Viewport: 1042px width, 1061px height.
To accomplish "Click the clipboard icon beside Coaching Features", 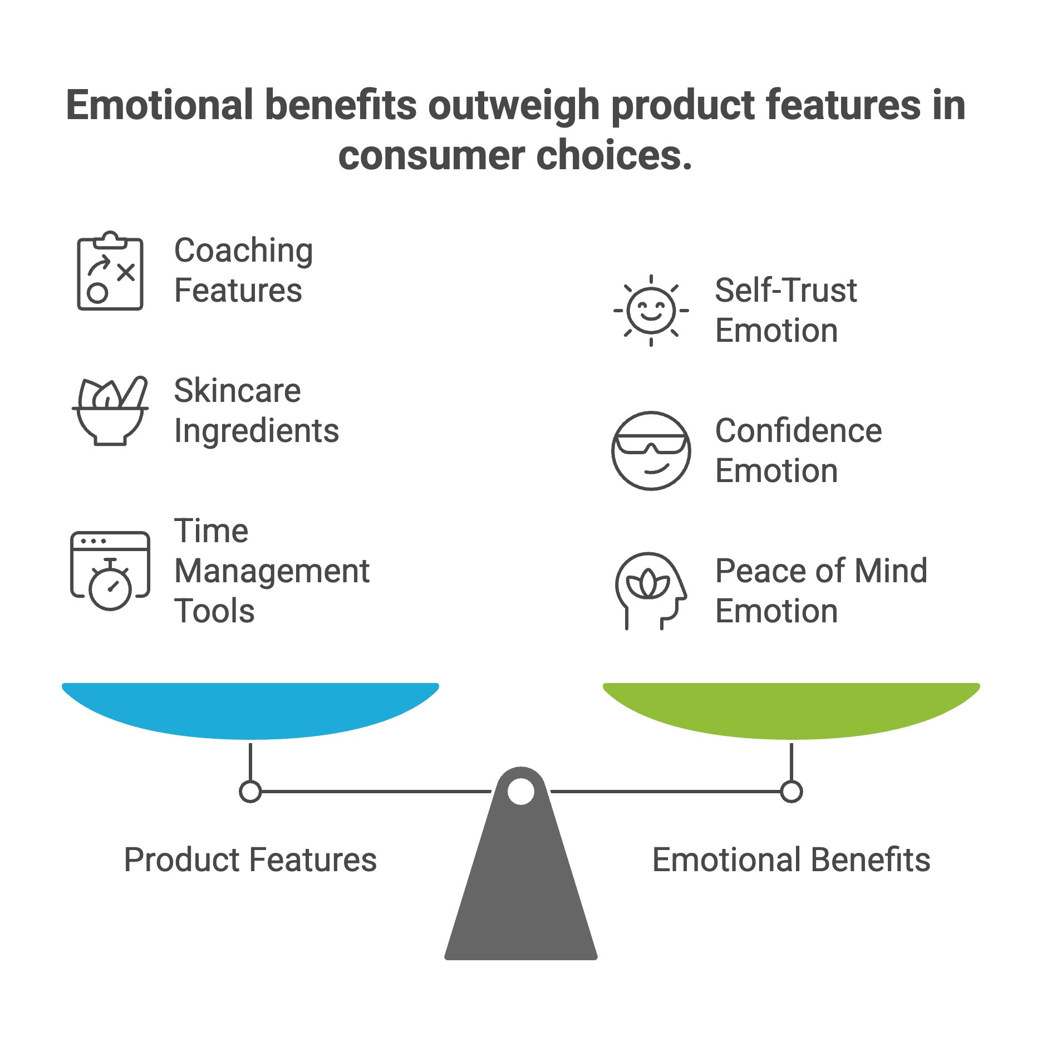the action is click(110, 271).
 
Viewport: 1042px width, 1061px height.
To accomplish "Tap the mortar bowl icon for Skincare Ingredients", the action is click(110, 411).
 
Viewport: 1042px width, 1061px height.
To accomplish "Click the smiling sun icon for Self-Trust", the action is click(651, 310).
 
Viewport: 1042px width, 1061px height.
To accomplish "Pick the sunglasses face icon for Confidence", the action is click(651, 450).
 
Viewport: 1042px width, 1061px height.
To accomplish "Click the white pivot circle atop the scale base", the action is click(521, 791).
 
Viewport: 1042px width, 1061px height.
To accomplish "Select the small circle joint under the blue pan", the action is click(250, 791).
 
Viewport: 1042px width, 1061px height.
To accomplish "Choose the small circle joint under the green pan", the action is click(791, 791).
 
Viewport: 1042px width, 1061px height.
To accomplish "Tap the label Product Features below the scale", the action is click(250, 859).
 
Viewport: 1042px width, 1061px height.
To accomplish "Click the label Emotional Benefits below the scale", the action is click(791, 859).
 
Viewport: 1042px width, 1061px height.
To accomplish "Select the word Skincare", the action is click(237, 390).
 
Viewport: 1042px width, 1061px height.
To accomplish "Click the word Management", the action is click(272, 571).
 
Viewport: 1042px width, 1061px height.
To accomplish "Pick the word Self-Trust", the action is click(785, 290).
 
